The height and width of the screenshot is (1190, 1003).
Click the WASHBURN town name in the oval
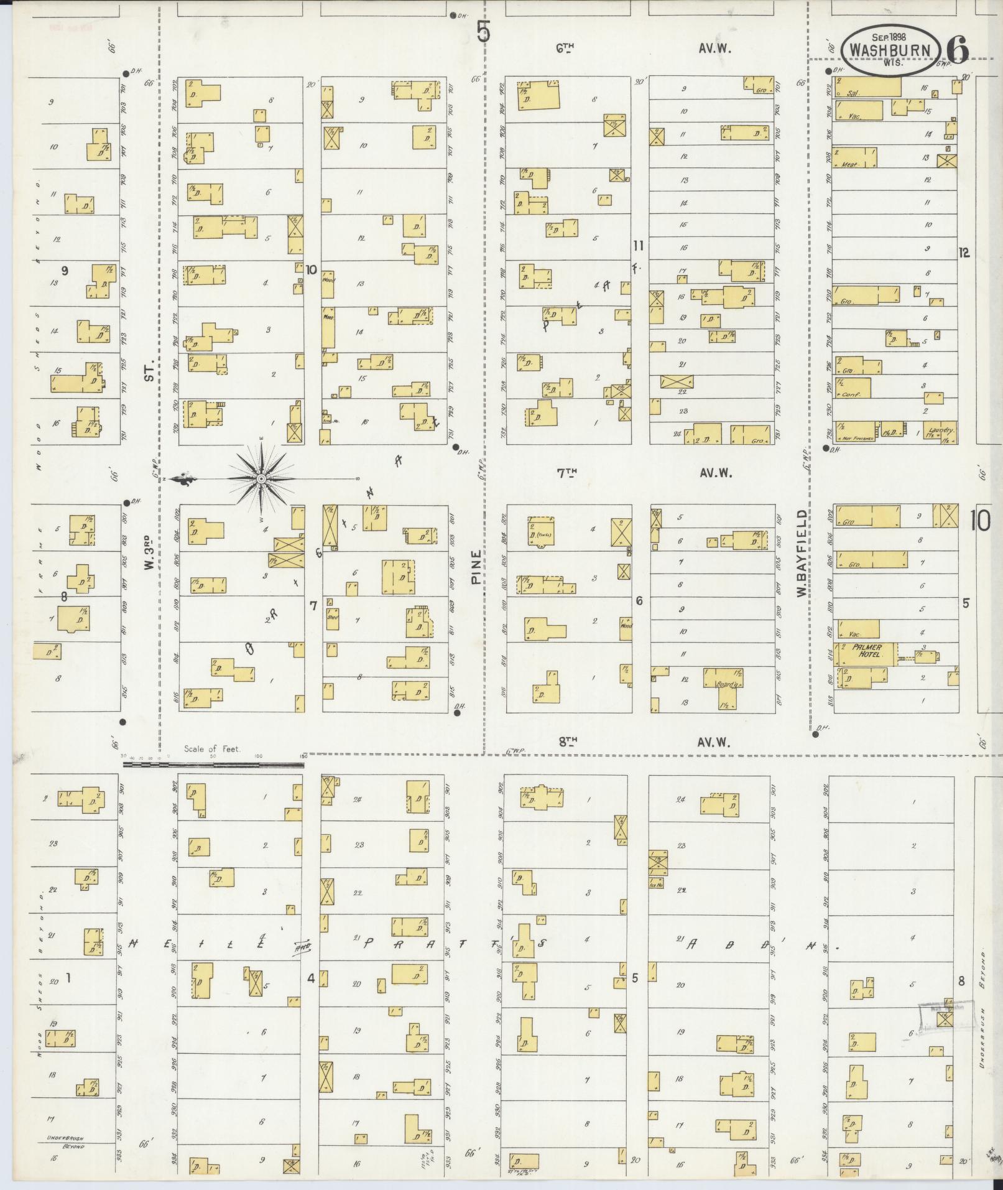tap(890, 50)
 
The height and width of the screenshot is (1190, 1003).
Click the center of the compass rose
tap(262, 478)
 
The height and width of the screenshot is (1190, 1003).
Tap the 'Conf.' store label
tap(851, 394)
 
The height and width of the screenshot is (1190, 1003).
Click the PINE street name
tap(477, 567)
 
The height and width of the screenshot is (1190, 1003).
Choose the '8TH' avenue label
tap(566, 741)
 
